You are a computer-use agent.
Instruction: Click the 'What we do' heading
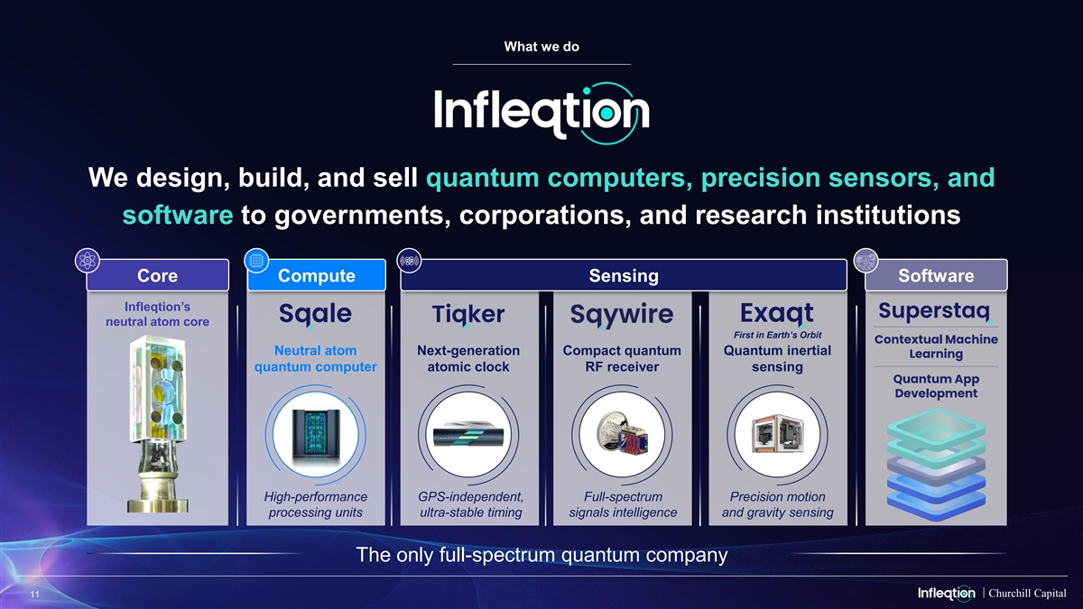click(x=541, y=46)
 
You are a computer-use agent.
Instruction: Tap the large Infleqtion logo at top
click(x=541, y=113)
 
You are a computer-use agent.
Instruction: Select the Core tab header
click(x=158, y=275)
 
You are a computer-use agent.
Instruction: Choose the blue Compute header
click(x=316, y=275)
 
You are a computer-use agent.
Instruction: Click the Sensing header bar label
click(x=624, y=275)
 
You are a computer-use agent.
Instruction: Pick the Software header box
click(x=936, y=275)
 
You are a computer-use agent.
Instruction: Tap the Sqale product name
click(x=315, y=315)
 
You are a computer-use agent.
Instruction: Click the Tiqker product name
click(x=468, y=315)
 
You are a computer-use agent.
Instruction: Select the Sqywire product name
click(x=622, y=315)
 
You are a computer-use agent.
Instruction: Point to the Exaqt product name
click(x=777, y=314)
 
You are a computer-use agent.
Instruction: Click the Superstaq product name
click(x=935, y=311)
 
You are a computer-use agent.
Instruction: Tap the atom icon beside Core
click(x=88, y=261)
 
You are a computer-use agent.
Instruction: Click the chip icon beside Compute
click(x=256, y=261)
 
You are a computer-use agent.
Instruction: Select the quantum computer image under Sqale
click(x=316, y=435)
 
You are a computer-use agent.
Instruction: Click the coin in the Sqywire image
click(x=612, y=430)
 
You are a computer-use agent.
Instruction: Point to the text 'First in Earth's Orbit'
click(x=777, y=335)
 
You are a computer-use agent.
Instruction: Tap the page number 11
click(x=35, y=594)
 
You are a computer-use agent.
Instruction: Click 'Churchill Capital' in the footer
click(x=1027, y=593)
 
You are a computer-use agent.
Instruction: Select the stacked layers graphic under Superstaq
click(x=936, y=464)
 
